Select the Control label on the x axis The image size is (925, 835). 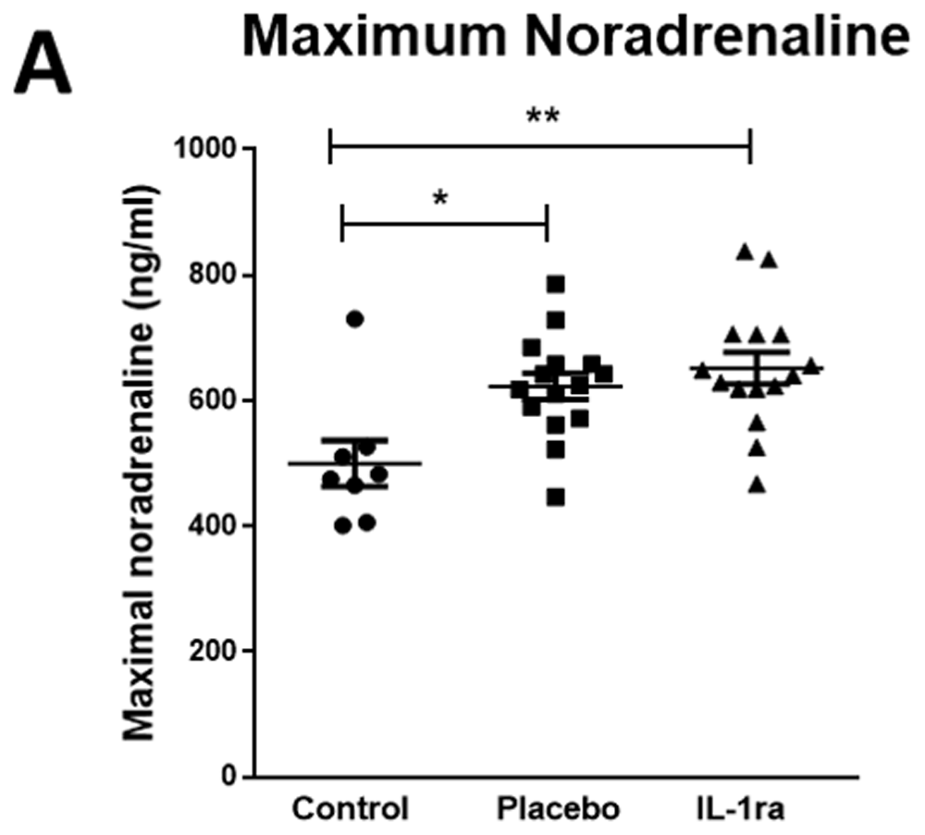click(351, 809)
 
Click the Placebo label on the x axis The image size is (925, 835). click(558, 809)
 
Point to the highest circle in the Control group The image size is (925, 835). click(354, 319)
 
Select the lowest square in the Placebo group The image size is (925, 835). click(555, 497)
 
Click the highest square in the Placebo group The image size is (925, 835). click(555, 283)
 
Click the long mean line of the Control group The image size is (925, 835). click(355, 463)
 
